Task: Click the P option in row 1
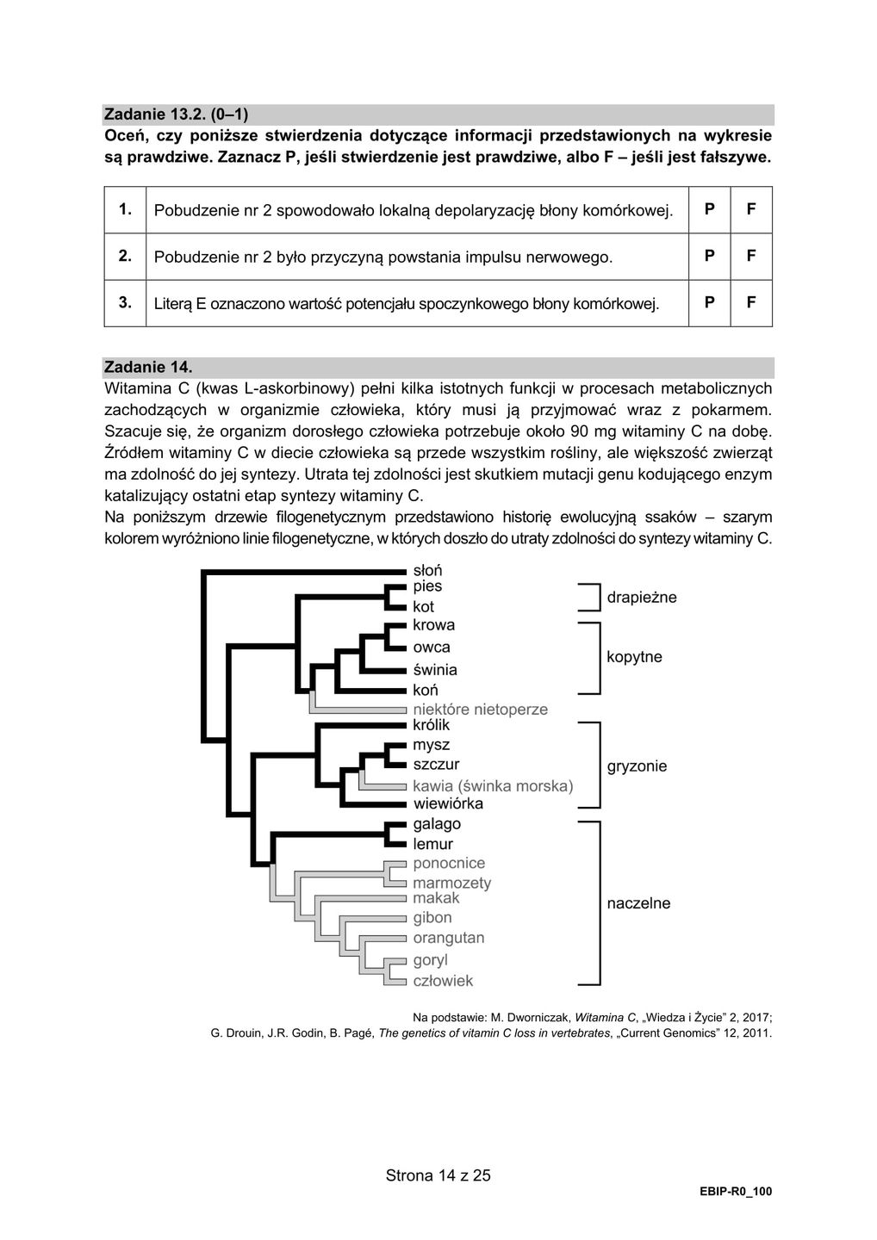click(x=709, y=209)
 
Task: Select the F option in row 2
click(x=751, y=256)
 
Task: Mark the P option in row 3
click(x=709, y=302)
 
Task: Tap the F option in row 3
click(x=751, y=302)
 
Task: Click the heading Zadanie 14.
click(x=142, y=368)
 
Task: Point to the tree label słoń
click(x=427, y=570)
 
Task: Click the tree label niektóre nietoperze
click(x=480, y=710)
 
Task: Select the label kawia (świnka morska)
click(x=493, y=785)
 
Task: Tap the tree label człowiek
click(x=443, y=980)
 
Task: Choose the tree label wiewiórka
click(x=448, y=803)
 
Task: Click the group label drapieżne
click(x=642, y=597)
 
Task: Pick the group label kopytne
click(x=634, y=657)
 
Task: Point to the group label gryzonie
click(x=637, y=766)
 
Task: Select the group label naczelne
click(x=638, y=903)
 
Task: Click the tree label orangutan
click(x=448, y=938)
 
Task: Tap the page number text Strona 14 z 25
click(x=438, y=1175)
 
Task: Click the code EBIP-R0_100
click(x=736, y=1192)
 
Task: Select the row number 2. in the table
click(x=125, y=256)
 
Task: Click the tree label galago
click(x=437, y=824)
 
